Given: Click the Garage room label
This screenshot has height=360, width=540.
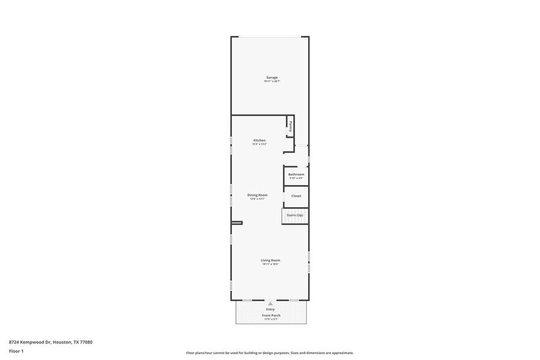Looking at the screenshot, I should click(x=272, y=78).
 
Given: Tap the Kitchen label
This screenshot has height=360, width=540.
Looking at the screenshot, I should click(x=260, y=140).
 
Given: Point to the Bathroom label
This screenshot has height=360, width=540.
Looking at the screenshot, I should click(x=296, y=174).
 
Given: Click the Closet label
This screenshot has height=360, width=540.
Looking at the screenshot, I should click(x=296, y=196).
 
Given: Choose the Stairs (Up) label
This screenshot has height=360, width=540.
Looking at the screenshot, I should click(x=295, y=216).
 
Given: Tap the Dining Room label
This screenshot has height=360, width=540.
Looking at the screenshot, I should click(x=258, y=195).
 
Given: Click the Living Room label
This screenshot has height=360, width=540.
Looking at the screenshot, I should click(x=271, y=260).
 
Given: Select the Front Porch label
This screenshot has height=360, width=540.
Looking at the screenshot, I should click(x=271, y=315).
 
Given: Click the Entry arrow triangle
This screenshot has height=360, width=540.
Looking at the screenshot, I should click(x=270, y=304).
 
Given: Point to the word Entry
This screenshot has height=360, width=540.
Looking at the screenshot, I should click(x=271, y=309).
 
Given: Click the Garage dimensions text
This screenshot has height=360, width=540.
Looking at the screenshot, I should click(x=272, y=81).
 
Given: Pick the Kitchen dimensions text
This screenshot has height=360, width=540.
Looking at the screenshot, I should click(x=260, y=144).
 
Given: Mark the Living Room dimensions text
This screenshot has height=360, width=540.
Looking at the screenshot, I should click(x=271, y=264).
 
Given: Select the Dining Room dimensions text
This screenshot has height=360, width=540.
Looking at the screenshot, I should click(x=258, y=199).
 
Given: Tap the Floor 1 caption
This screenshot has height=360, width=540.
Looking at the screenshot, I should click(x=16, y=351).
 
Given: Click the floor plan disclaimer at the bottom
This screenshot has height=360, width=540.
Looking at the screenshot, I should click(x=270, y=353).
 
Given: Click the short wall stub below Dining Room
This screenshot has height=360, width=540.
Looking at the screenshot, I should click(x=237, y=222).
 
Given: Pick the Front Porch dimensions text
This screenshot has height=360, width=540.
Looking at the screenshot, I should click(x=271, y=319).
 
